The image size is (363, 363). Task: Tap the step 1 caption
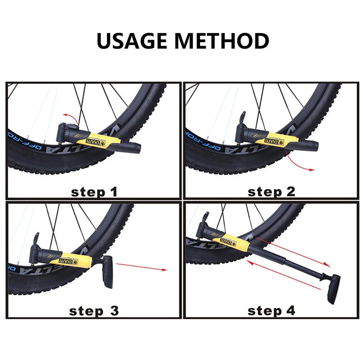click(94, 191)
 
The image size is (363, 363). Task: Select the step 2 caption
click(271, 191)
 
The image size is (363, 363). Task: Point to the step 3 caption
click(94, 311)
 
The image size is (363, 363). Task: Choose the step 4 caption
click(271, 311)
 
